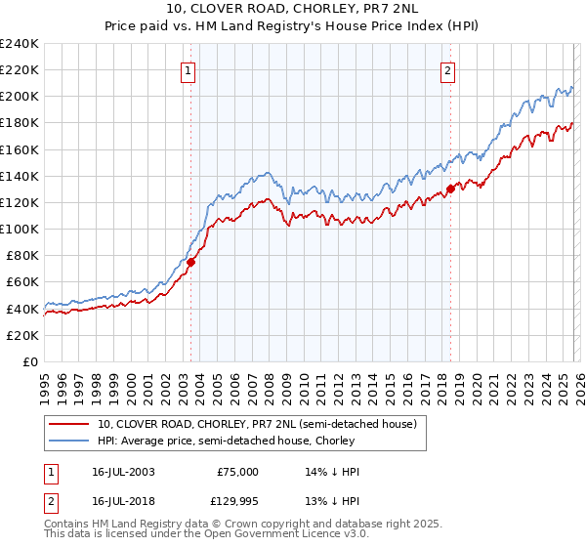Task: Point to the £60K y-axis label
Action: pyautogui.click(x=22, y=282)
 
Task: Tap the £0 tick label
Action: pyautogui.click(x=30, y=361)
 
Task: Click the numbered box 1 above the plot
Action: pyautogui.click(x=187, y=70)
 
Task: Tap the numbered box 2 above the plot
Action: pyautogui.click(x=446, y=70)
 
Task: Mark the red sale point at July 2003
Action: pyautogui.click(x=191, y=262)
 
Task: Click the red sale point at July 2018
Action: pyautogui.click(x=450, y=189)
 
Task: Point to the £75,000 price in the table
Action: pyautogui.click(x=238, y=471)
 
